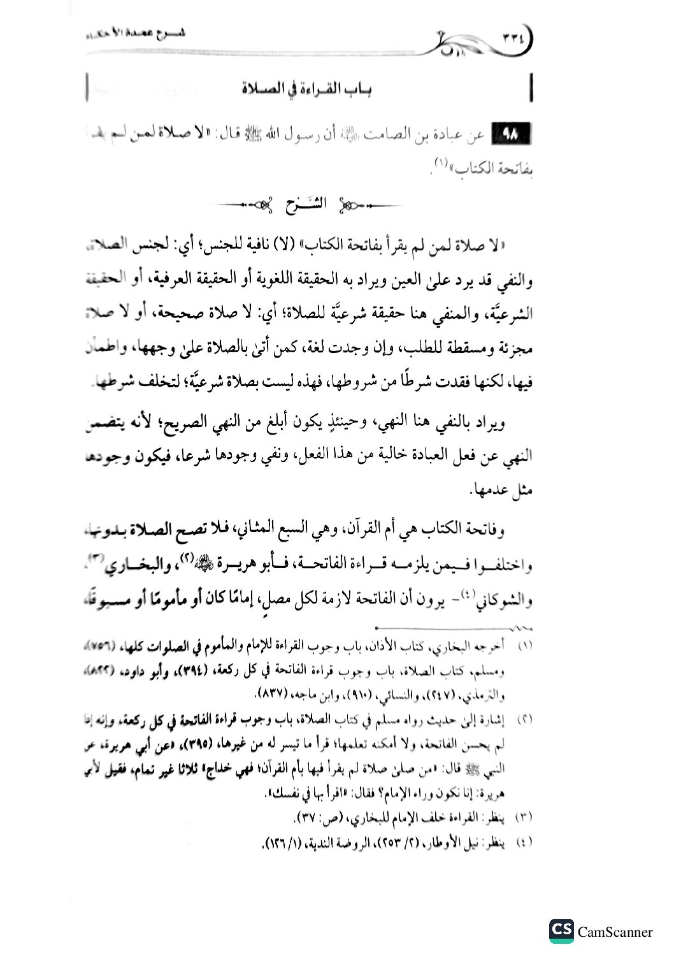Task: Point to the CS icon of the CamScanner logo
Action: point(561,932)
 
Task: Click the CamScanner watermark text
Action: point(615,932)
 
